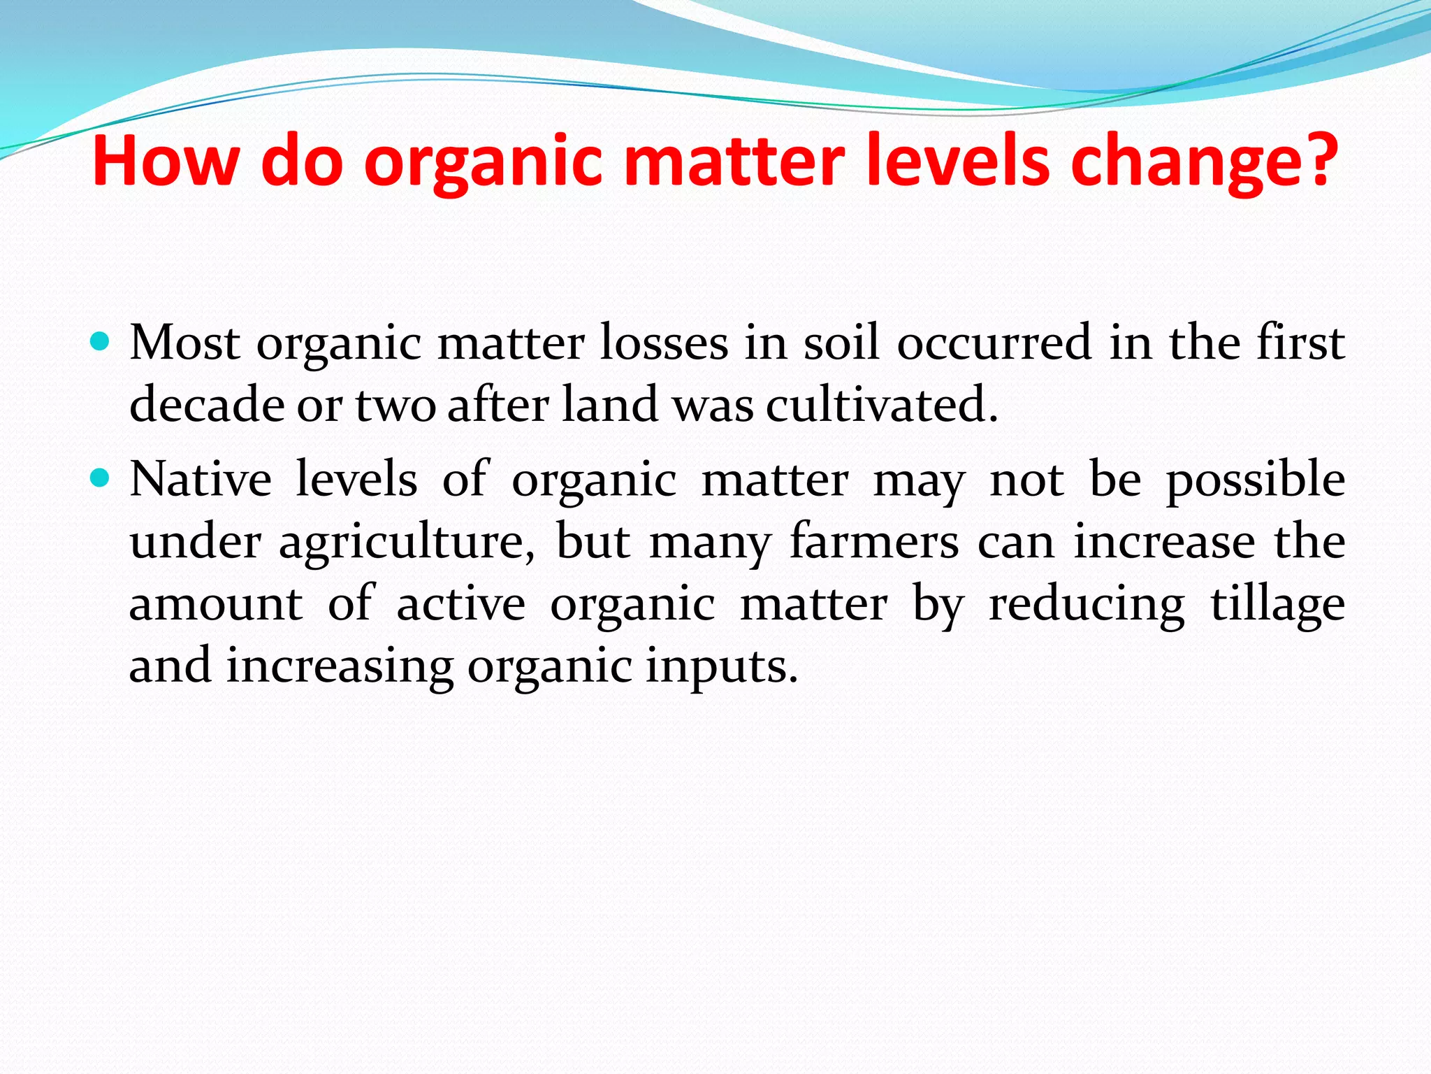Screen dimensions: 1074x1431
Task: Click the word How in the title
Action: [166, 161]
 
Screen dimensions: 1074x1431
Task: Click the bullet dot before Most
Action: [101, 342]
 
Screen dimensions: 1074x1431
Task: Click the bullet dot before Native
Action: [101, 478]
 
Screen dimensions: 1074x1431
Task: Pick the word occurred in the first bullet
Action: [994, 343]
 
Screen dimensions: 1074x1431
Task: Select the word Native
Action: [201, 480]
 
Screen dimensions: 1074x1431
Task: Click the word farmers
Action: [874, 542]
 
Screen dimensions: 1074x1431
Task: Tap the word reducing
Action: [1087, 605]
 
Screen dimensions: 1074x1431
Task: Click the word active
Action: [460, 603]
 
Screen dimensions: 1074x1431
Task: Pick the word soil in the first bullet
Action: [841, 343]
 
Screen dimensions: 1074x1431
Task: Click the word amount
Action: [216, 603]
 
